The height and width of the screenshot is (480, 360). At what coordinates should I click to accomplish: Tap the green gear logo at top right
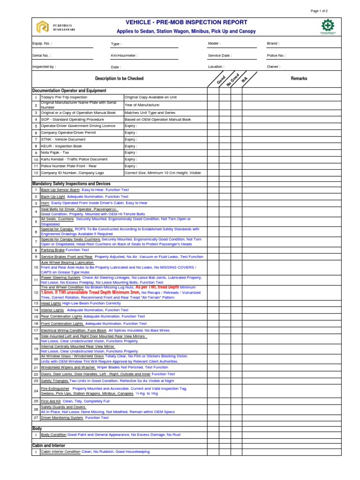coord(327,26)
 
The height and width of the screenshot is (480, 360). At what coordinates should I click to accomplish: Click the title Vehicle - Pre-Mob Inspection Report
coord(187,22)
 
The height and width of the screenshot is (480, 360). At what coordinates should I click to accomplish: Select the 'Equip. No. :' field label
coord(42,44)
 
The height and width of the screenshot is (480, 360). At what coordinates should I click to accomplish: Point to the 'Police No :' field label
coord(276,55)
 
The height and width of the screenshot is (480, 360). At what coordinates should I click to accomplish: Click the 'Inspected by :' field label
coord(44,67)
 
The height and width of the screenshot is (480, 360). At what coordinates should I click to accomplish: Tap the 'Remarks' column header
coord(299,79)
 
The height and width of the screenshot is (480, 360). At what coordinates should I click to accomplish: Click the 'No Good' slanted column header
coord(233,79)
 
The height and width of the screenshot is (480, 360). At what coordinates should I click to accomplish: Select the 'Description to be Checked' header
coord(119,79)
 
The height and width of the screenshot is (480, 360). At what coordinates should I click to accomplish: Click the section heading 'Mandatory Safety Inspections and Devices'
coord(71,183)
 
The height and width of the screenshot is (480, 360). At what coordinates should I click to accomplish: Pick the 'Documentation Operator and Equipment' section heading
coord(69,90)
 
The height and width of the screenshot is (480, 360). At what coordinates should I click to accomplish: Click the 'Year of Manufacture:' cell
coord(142,105)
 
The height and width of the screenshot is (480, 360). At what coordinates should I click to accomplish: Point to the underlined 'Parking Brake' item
coord(52,250)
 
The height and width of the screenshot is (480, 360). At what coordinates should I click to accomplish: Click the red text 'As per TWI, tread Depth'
coord(157,287)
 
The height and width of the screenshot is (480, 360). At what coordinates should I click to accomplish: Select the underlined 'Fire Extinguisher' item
coord(55,389)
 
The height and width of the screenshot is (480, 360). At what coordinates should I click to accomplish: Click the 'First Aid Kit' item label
coord(51,401)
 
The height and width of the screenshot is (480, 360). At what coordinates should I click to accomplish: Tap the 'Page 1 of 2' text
coord(319,11)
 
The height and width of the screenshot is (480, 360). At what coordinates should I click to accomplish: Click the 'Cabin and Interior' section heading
coord(48,445)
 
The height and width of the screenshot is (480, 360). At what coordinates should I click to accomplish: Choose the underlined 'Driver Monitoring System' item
coord(62,418)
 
